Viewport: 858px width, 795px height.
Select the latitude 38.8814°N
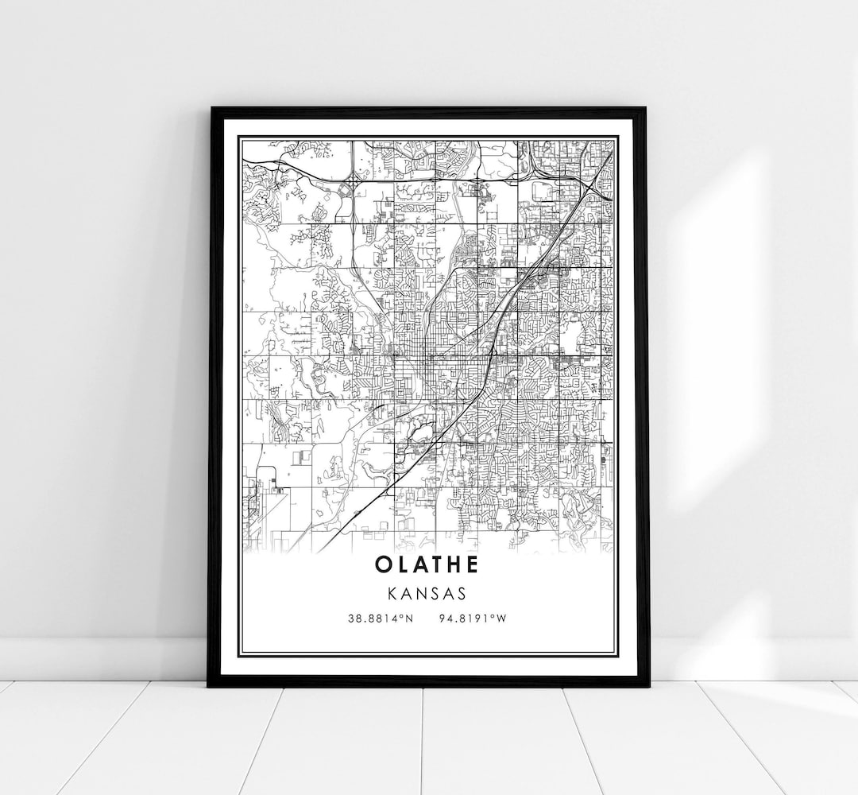(x=381, y=618)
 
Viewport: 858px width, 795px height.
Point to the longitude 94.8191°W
(x=472, y=618)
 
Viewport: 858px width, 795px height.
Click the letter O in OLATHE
(x=384, y=565)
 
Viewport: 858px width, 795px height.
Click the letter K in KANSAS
(x=394, y=593)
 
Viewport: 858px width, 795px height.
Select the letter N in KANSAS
(x=421, y=593)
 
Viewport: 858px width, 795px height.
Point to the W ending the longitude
(x=500, y=618)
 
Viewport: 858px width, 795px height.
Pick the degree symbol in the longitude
(x=493, y=615)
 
